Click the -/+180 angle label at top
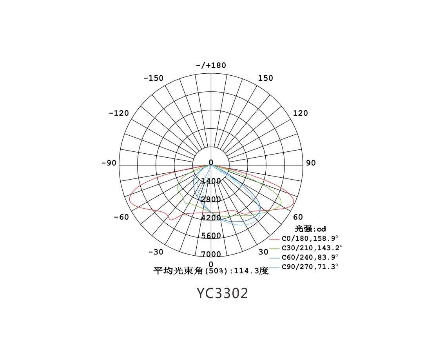[x=211, y=65]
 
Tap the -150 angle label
[x=154, y=78]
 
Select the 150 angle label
[x=265, y=78]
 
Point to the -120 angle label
[x=119, y=113]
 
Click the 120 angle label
[x=300, y=113]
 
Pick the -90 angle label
[x=109, y=163]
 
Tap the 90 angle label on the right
[x=311, y=163]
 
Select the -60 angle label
[x=121, y=217]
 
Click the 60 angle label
[x=298, y=217]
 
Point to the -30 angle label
[x=156, y=252]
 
